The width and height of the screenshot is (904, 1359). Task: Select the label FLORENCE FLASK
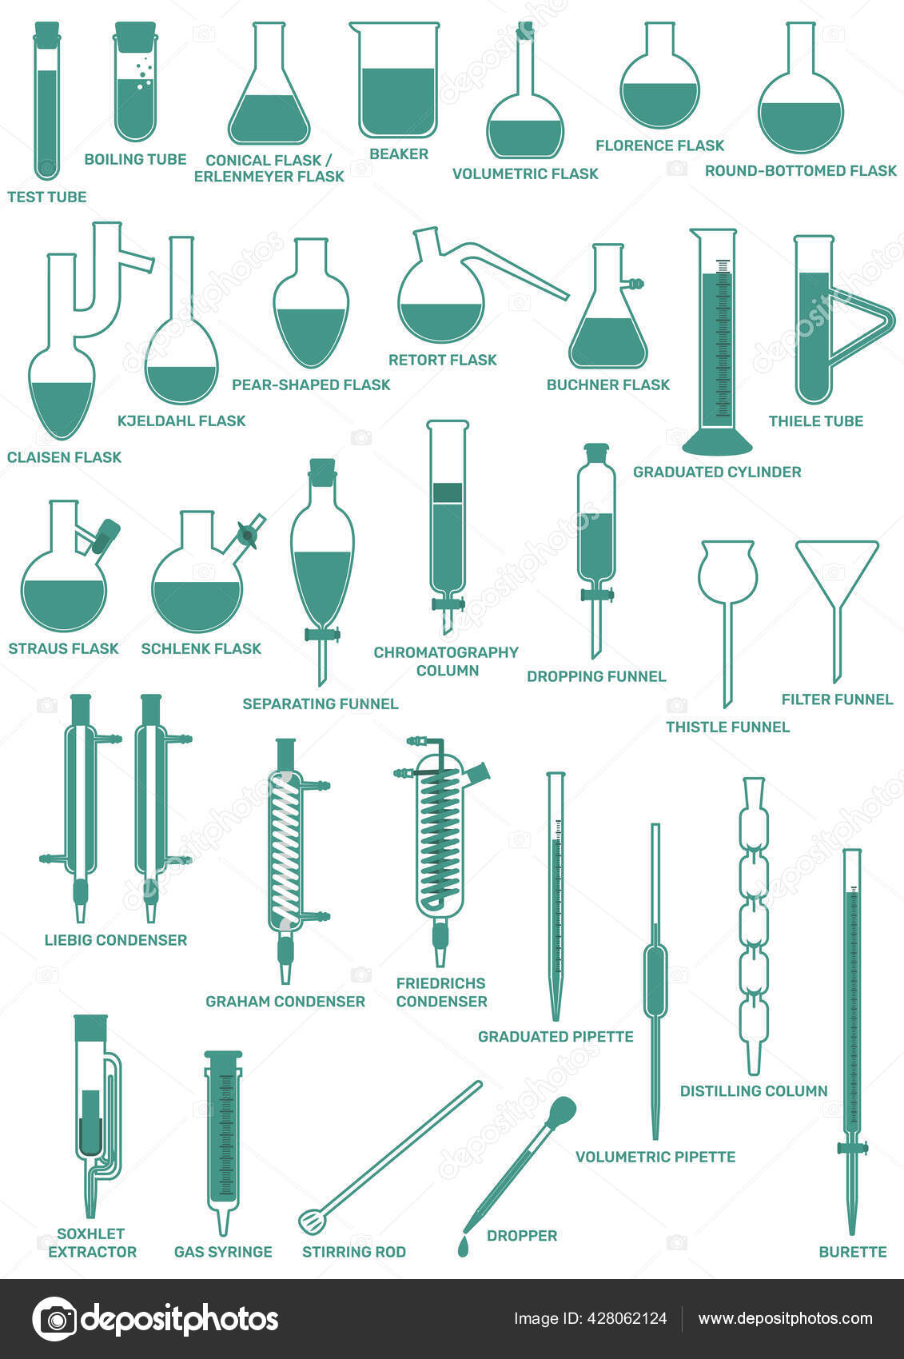point(659,145)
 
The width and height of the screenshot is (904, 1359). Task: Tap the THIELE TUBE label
point(815,421)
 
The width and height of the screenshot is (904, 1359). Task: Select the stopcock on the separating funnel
point(322,636)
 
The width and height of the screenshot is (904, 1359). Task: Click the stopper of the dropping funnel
point(596,452)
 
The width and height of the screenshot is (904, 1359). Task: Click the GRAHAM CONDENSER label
point(285,1002)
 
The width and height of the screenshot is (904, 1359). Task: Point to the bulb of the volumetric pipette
point(655,971)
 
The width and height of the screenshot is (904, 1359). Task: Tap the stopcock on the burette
point(853,1149)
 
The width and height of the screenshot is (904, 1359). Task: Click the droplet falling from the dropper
point(463,1246)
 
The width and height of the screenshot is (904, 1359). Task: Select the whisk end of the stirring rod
point(309,1221)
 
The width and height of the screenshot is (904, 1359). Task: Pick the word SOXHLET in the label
point(90,1233)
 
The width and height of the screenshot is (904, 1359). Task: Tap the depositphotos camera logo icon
point(54,1319)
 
